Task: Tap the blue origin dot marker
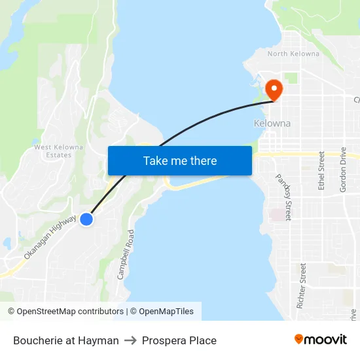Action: coord(86,219)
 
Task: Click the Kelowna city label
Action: coord(272,123)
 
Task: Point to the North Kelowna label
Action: coord(293,54)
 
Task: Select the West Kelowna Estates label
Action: coord(59,151)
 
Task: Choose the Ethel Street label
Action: coord(321,171)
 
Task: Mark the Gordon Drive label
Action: coord(343,170)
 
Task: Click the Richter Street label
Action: coord(302,286)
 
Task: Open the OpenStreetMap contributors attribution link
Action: coord(65,312)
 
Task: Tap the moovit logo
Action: coord(320,339)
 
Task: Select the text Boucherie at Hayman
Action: coord(66,340)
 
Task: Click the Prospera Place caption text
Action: coord(179,340)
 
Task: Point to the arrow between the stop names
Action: coord(130,340)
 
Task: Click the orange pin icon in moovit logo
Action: coord(299,339)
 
